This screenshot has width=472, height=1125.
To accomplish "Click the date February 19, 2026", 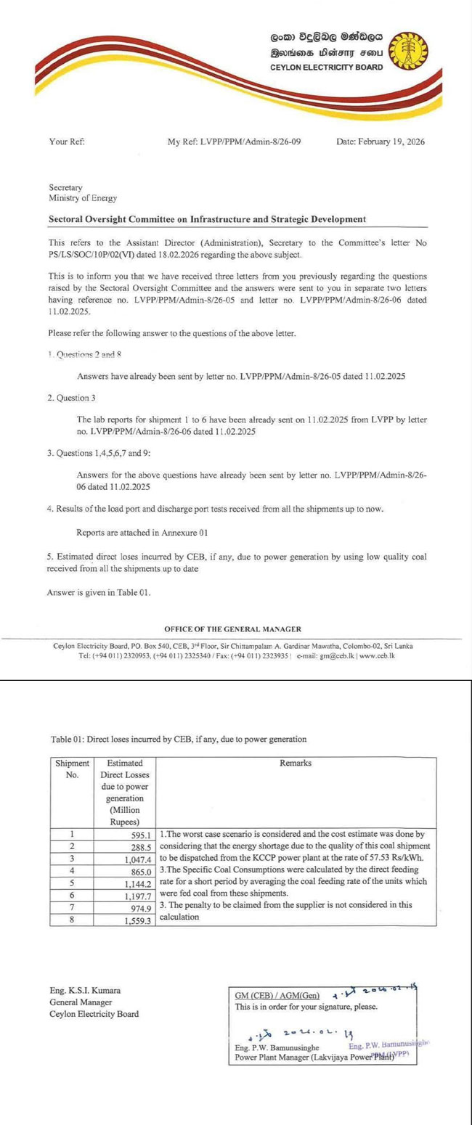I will (x=381, y=142).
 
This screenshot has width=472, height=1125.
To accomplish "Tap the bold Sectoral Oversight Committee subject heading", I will (x=207, y=218).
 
